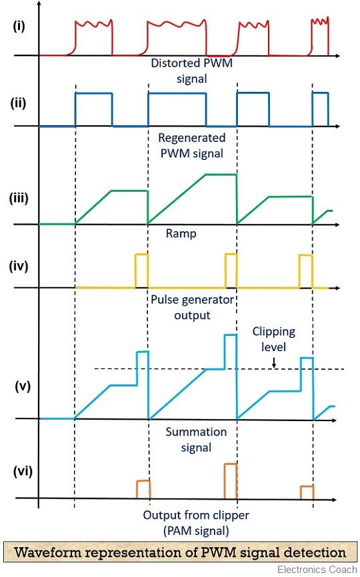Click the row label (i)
[19, 27]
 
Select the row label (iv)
[19, 266]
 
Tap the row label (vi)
[23, 471]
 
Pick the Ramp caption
[181, 234]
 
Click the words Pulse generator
[192, 300]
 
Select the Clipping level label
[273, 339]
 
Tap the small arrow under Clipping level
[274, 362]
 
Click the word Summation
[196, 432]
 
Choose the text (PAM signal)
[196, 531]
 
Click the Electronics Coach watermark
[317, 570]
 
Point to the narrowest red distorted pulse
[319, 37]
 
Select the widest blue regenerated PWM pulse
[177, 93]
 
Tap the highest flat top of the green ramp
[221, 175]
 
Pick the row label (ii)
[19, 103]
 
